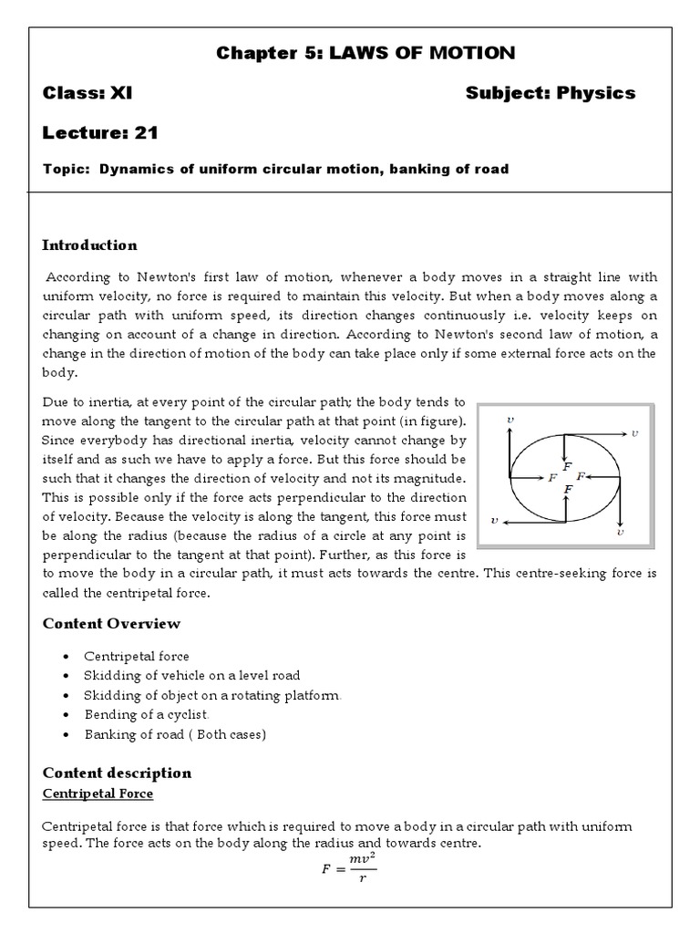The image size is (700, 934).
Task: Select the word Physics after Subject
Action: click(596, 93)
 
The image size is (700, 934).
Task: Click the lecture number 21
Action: click(146, 132)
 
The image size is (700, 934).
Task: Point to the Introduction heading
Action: click(89, 244)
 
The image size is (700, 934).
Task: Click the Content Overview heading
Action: click(111, 623)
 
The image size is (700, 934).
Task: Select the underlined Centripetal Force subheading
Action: click(98, 793)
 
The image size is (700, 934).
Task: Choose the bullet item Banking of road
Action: click(175, 733)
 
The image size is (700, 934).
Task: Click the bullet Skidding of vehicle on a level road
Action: click(191, 675)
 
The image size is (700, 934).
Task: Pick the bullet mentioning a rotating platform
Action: click(212, 695)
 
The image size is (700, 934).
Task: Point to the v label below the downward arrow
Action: click(620, 530)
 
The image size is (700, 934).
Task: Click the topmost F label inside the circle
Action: click(568, 466)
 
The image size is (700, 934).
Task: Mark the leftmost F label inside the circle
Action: click(551, 477)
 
